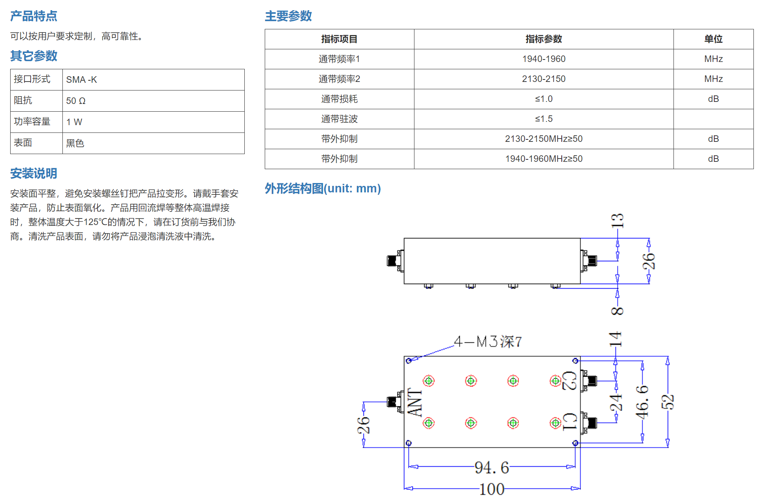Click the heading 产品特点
click(x=33, y=16)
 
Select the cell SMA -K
click(x=82, y=79)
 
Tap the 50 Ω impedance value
click(x=76, y=101)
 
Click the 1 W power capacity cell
click(x=74, y=122)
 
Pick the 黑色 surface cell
click(x=75, y=143)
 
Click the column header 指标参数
click(x=543, y=39)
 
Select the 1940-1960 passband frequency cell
click(x=544, y=59)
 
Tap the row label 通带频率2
click(x=339, y=79)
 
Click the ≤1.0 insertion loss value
click(x=544, y=99)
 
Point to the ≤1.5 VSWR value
click(x=544, y=119)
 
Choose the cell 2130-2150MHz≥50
click(x=544, y=139)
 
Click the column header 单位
click(x=713, y=39)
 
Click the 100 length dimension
click(x=492, y=489)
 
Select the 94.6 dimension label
click(x=492, y=468)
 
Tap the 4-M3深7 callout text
click(x=488, y=342)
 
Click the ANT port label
click(x=415, y=402)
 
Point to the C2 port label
click(x=569, y=381)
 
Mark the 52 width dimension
click(x=668, y=402)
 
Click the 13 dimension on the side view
click(x=617, y=221)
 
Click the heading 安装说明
click(x=33, y=173)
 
